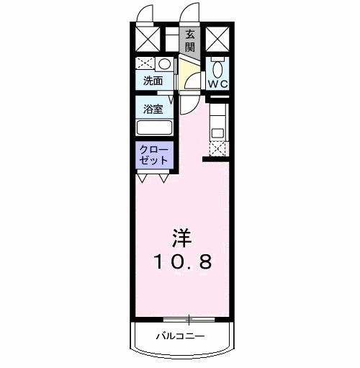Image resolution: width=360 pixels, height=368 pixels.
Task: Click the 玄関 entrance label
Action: coord(190,40)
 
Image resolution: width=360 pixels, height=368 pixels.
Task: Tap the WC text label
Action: coord(218,84)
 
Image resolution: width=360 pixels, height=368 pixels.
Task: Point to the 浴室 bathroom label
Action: coord(152,110)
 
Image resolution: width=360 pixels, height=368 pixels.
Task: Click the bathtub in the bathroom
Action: coord(154,128)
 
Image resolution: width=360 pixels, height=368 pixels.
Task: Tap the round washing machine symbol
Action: coord(164,63)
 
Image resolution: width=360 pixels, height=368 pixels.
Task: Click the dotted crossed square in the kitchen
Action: coord(217,147)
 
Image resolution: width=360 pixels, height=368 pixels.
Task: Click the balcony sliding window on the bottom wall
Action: coord(189,318)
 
